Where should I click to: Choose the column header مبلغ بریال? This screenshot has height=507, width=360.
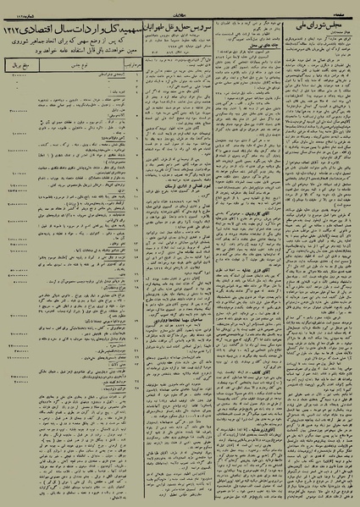(22, 63)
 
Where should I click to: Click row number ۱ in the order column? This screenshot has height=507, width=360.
(133, 76)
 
